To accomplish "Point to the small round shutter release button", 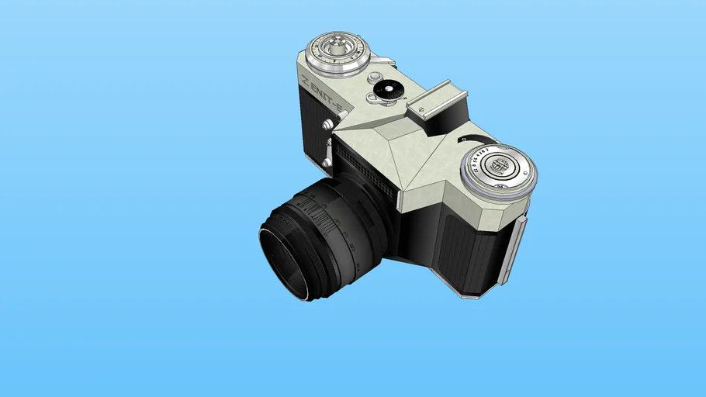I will coord(375,77).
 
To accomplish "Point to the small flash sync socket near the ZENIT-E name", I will coord(327,125).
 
